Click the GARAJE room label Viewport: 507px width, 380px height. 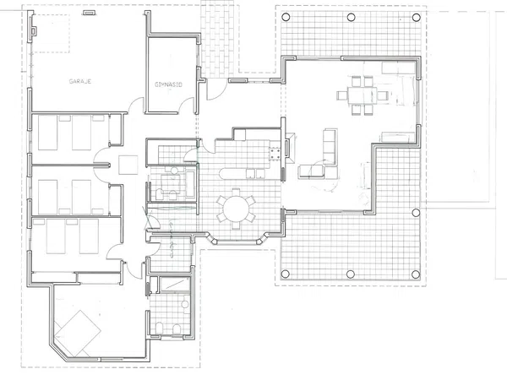[80, 81]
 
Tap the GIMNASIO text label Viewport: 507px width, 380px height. [168, 84]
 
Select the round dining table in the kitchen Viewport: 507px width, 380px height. [236, 209]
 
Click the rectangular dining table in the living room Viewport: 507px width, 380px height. [363, 95]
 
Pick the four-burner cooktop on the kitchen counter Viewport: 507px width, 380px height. [275, 153]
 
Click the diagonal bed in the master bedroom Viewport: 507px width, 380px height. [78, 333]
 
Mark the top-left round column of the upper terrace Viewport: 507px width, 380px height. [286, 17]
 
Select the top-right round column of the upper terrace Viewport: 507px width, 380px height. [417, 17]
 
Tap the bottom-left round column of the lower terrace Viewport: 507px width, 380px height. [286, 274]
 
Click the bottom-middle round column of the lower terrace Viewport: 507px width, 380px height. [351, 274]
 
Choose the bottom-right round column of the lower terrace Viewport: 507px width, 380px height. [416, 274]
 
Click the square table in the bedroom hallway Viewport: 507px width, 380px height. [128, 166]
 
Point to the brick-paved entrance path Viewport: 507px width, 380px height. [217, 39]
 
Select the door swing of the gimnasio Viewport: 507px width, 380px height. [187, 106]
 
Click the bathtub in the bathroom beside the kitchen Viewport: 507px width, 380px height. [190, 184]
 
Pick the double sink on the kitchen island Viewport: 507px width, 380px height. [255, 173]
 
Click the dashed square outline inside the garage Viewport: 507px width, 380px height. [52, 33]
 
